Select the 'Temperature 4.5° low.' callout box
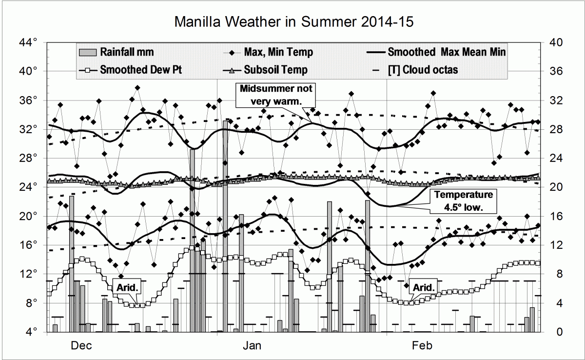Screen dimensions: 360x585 coord(464,201)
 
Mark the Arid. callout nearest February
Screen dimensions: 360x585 coord(422,287)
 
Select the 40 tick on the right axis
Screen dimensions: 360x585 coord(556,43)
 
